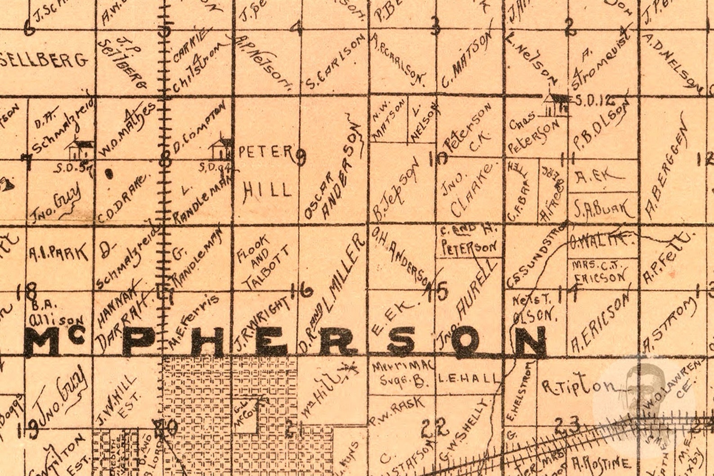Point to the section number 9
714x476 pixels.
click(301, 157)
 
